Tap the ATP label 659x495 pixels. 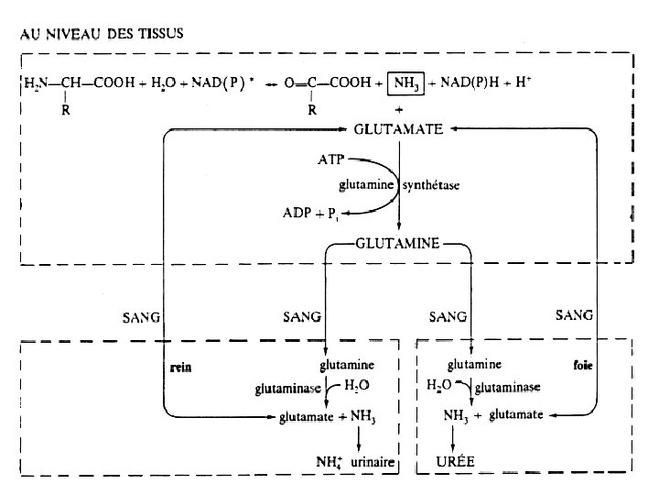pos(330,159)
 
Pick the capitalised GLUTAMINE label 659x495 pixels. pos(397,244)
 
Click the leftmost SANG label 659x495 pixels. pos(141,317)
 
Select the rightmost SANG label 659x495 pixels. pos(574,314)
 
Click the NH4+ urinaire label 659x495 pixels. pos(351,463)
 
